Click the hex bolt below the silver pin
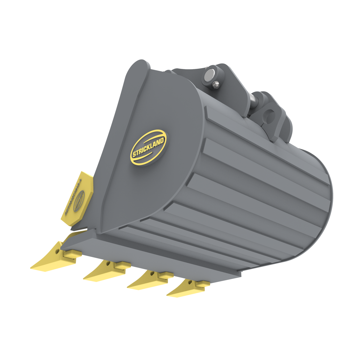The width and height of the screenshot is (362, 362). coord(215,86)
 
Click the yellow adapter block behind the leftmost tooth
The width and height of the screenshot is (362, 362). coord(71,254)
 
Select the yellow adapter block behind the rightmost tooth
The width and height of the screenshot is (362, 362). coord(203,284)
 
